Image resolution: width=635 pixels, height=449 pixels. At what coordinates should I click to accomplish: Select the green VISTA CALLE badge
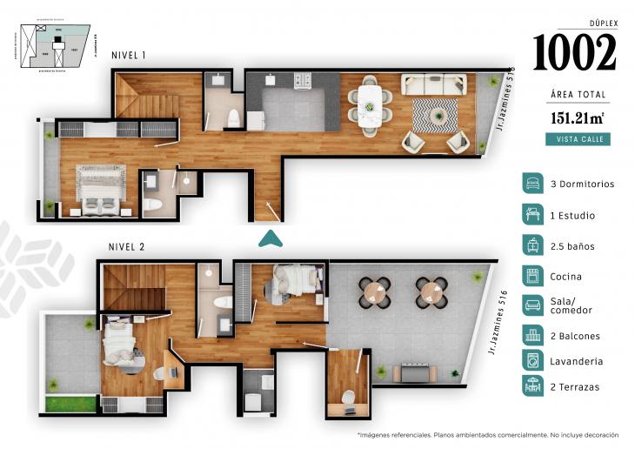click(578, 139)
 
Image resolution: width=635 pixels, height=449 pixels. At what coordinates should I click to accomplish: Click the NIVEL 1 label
click(129, 56)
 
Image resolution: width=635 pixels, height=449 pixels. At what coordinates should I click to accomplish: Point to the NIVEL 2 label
click(126, 247)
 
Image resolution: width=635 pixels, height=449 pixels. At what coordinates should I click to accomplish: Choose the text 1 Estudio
click(573, 215)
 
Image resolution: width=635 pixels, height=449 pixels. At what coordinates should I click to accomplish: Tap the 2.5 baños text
click(572, 246)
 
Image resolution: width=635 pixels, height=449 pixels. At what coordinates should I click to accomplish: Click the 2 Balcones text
click(575, 336)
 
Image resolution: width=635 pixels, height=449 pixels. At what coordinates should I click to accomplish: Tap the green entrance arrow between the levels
click(271, 238)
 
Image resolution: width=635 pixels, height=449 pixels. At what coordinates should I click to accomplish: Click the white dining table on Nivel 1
click(370, 104)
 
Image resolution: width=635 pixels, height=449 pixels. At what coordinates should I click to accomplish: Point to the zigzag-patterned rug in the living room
click(434, 113)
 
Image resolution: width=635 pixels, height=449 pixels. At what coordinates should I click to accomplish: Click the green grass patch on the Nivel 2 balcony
click(70, 404)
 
